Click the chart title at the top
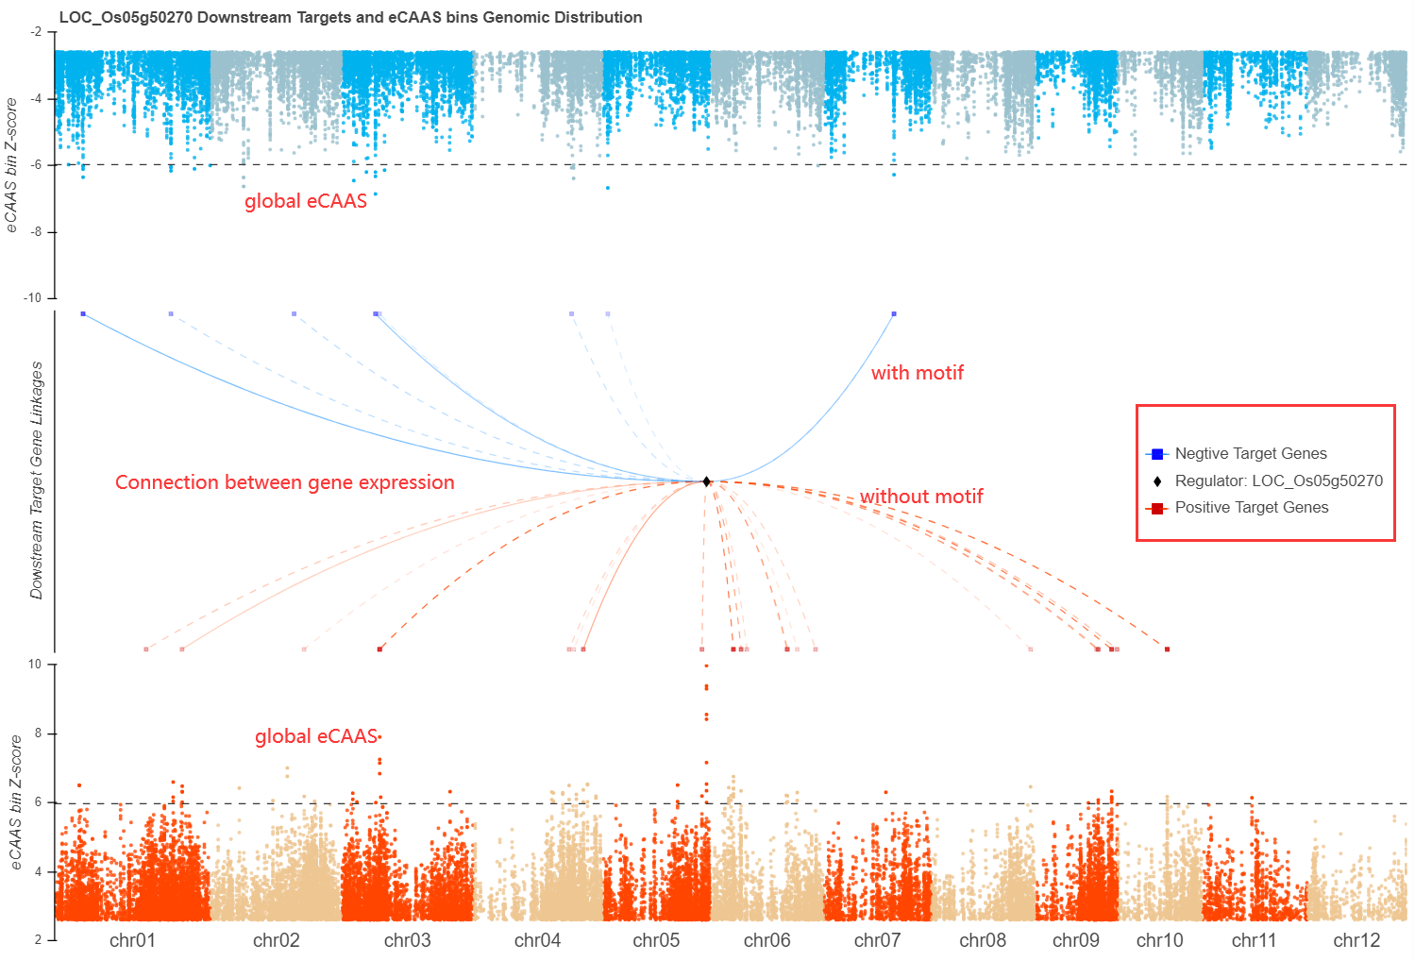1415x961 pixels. tap(350, 17)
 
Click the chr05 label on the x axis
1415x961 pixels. tap(656, 940)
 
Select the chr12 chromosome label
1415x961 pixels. tap(1356, 940)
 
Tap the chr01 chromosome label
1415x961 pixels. tap(132, 940)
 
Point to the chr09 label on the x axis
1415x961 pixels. tap(1076, 940)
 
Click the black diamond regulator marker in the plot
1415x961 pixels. tap(706, 481)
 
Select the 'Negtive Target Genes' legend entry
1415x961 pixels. tap(1250, 454)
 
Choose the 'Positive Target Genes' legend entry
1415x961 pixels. tap(1251, 508)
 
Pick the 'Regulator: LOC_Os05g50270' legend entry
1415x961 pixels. tap(1278, 481)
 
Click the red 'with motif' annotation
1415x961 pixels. tap(917, 373)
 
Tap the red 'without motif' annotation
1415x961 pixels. tap(921, 497)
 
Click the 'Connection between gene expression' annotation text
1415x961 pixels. tap(284, 482)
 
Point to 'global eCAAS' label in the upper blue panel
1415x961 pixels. tap(305, 201)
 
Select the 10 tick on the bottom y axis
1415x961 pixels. tap(35, 665)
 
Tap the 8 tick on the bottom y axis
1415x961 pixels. tap(38, 733)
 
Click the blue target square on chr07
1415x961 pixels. tap(894, 313)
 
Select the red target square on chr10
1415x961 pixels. tap(1167, 649)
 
